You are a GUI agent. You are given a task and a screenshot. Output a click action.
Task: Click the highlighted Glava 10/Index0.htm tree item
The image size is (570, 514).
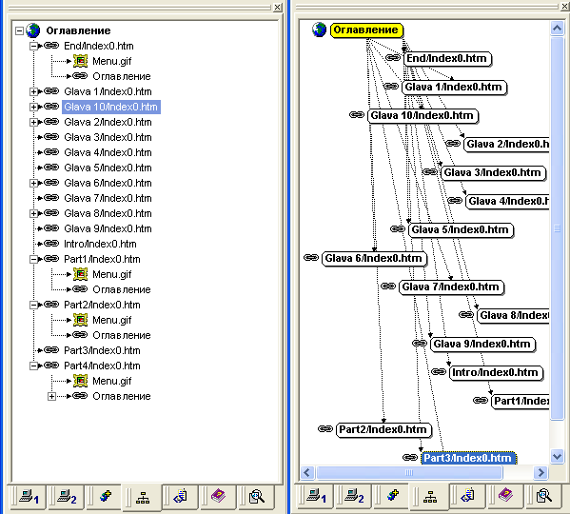coord(111,107)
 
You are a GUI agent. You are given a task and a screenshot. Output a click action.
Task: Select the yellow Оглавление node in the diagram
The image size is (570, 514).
coord(366,30)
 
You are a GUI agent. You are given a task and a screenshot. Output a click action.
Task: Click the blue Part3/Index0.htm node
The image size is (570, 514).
coord(468,458)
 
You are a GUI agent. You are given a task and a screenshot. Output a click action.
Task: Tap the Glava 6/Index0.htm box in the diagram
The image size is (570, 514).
coord(374,259)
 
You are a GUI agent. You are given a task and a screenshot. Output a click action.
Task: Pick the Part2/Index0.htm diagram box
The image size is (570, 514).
coord(383,429)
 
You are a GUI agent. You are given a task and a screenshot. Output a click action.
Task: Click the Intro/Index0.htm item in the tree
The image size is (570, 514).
coord(100,244)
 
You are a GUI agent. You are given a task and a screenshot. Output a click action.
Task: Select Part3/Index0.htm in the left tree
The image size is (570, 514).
coord(102,350)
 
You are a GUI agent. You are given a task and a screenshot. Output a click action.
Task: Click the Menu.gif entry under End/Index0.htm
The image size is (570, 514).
coord(112,61)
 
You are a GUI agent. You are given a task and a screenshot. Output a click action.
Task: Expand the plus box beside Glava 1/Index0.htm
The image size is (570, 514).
coord(33,91)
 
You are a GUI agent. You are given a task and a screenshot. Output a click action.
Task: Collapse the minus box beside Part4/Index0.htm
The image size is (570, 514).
coord(33,366)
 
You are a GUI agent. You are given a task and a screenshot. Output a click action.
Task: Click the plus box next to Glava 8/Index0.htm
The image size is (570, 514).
coord(33,213)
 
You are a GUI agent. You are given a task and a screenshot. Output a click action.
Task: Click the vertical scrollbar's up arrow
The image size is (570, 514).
coord(557,28)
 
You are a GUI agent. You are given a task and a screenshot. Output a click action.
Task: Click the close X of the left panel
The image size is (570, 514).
coord(277,7)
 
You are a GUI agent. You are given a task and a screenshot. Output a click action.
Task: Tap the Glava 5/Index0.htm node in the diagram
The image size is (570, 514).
coord(461,230)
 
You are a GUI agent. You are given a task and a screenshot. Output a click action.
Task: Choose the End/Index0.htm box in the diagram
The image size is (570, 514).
coord(447,58)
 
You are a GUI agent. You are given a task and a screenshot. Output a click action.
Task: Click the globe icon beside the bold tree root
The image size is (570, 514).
coord(32,30)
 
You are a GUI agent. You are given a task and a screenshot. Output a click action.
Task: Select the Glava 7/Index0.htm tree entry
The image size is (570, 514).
coord(108,198)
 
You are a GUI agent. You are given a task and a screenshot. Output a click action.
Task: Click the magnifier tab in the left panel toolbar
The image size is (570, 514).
coord(256,496)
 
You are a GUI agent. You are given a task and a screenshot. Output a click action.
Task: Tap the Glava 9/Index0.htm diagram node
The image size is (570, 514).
coord(482,345)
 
